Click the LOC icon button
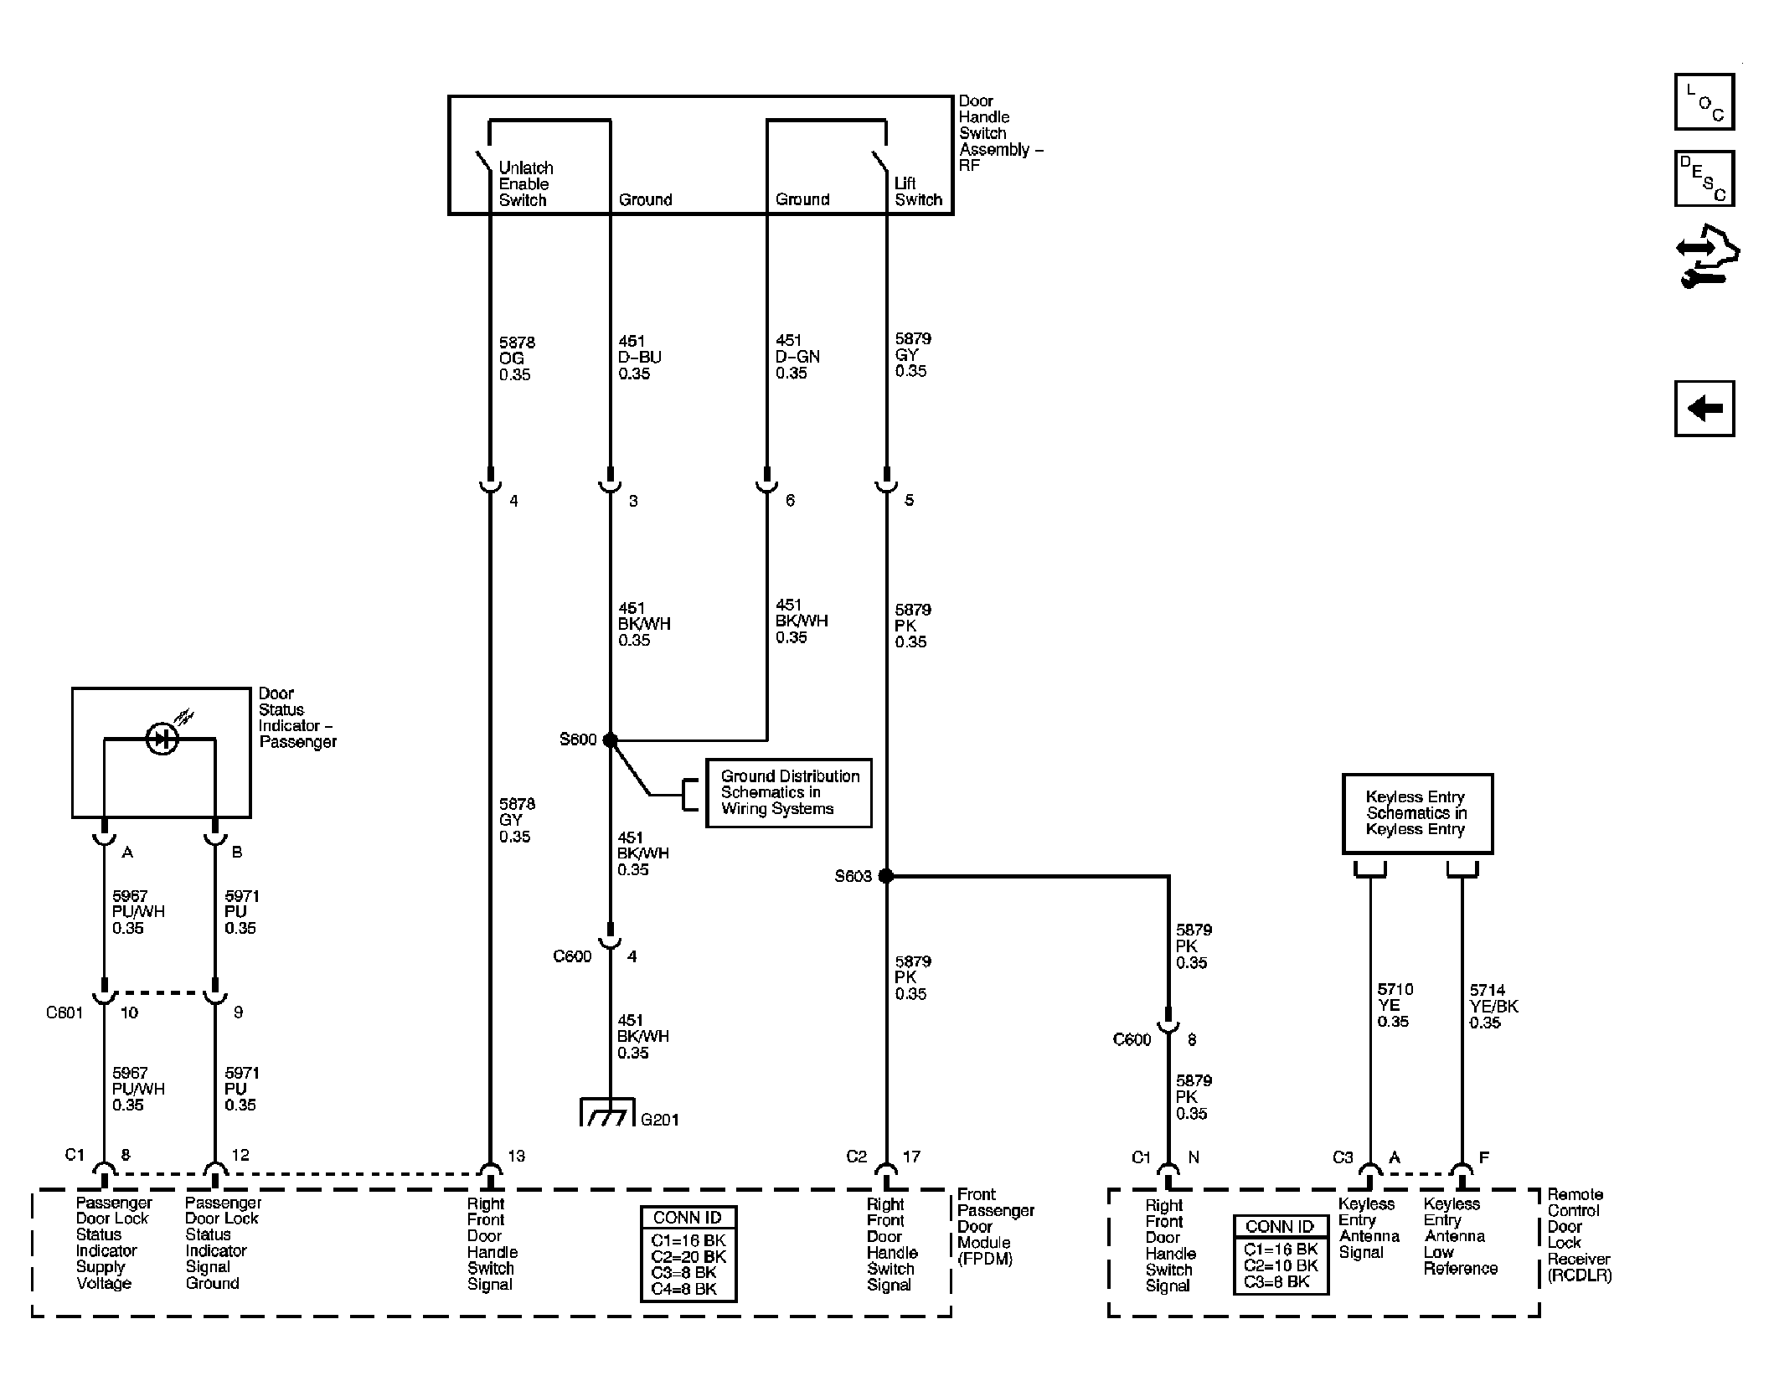[1704, 102]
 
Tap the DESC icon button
[1704, 178]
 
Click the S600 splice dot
[610, 740]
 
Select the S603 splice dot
[885, 876]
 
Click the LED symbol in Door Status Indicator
[162, 739]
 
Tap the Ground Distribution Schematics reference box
[788, 793]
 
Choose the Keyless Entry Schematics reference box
[1417, 813]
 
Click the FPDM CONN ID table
[688, 1254]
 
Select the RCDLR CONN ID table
[1281, 1255]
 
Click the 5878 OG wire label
[517, 358]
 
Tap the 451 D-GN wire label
[797, 357]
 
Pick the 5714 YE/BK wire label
[1493, 1006]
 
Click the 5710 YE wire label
[1395, 1005]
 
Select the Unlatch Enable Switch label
[526, 184]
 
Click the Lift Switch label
[918, 192]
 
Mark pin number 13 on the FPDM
[516, 1157]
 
